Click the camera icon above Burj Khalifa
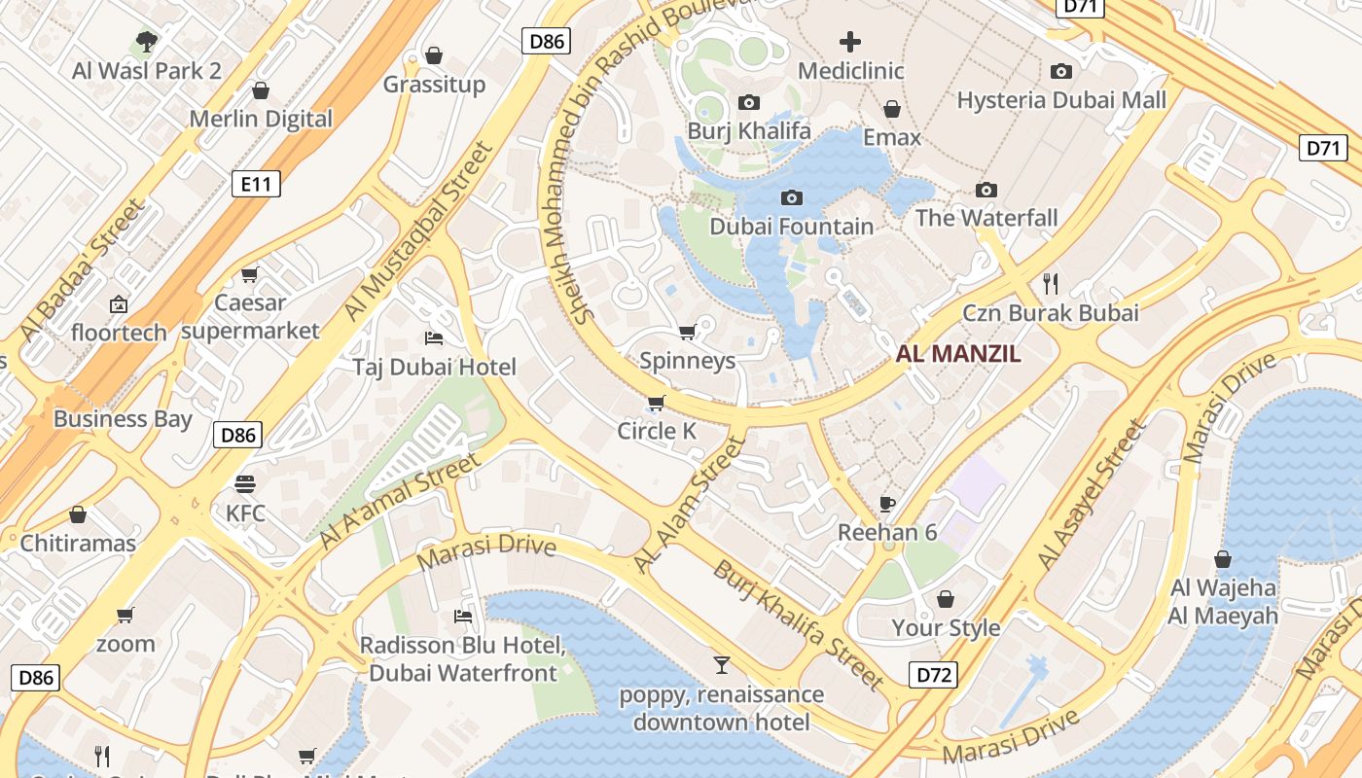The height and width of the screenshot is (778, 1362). (748, 102)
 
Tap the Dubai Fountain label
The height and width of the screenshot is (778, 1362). (791, 227)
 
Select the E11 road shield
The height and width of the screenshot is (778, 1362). (256, 184)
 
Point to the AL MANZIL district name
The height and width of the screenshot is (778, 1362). (958, 354)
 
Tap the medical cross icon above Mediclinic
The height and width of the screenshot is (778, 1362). (850, 42)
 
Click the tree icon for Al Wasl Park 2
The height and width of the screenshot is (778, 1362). (147, 42)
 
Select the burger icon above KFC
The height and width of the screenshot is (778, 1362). (244, 484)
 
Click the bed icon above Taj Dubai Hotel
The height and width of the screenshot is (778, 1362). (434, 338)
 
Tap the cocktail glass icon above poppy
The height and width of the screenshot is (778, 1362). (721, 665)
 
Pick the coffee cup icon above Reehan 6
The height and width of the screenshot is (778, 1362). (886, 503)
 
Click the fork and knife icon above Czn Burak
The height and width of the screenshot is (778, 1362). (1050, 284)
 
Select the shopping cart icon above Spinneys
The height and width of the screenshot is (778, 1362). (687, 332)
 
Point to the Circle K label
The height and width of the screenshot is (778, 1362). (657, 431)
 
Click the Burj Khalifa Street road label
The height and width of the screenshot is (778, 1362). (798, 624)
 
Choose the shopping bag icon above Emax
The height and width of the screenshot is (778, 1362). (891, 109)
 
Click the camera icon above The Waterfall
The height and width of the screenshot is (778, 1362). (986, 190)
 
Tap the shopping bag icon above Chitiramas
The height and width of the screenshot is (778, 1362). (78, 514)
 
